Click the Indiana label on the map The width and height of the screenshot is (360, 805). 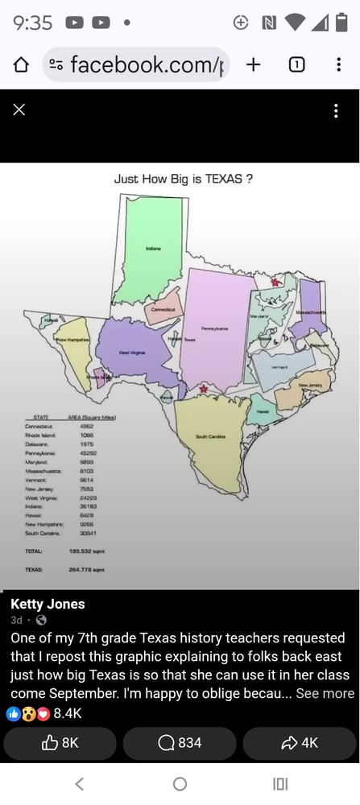click(x=153, y=250)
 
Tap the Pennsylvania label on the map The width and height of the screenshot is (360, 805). click(x=214, y=328)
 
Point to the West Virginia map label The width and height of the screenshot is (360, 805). click(x=132, y=353)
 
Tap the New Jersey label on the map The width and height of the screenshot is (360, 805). click(x=309, y=386)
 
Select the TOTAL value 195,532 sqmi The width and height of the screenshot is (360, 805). click(x=86, y=551)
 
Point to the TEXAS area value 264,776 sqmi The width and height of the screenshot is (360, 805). click(x=86, y=569)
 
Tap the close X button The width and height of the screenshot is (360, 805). click(x=19, y=109)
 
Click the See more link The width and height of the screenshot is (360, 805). click(x=325, y=693)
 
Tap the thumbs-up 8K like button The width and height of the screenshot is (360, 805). click(x=60, y=743)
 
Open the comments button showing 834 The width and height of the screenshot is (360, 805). click(x=180, y=743)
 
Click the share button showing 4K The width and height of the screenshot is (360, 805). click(x=299, y=743)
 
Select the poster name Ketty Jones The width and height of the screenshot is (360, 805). click(x=48, y=604)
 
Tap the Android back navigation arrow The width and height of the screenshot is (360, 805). click(x=79, y=783)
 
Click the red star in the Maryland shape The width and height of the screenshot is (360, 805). click(x=275, y=282)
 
